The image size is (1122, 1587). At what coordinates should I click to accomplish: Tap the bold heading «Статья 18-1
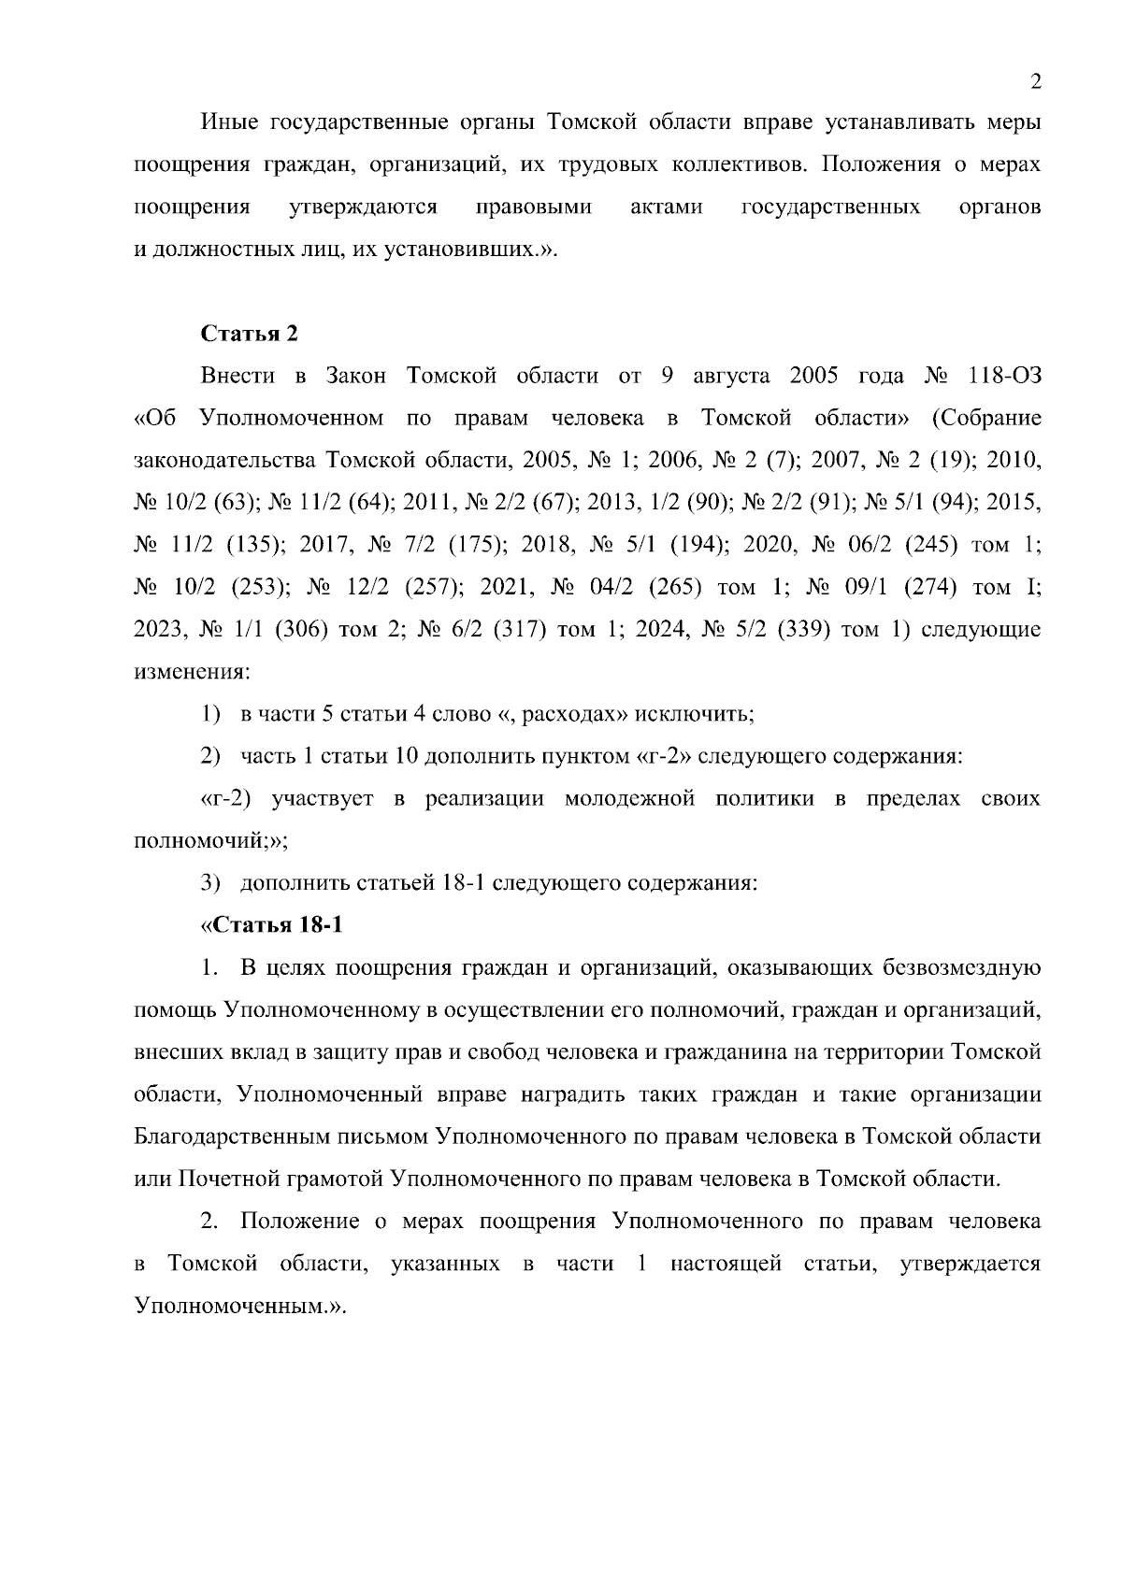point(272,925)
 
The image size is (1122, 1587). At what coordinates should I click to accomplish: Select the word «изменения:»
point(191,672)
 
